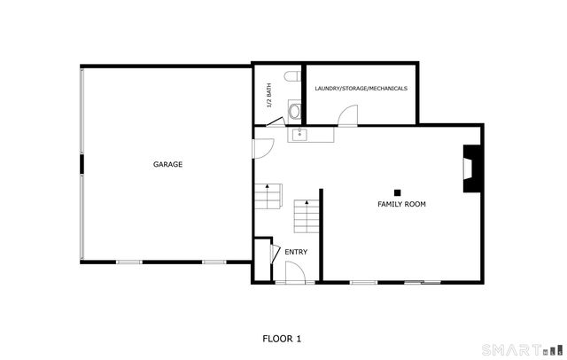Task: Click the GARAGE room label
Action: pyautogui.click(x=167, y=164)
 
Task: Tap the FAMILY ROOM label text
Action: pyautogui.click(x=401, y=204)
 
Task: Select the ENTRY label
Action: pyautogui.click(x=296, y=252)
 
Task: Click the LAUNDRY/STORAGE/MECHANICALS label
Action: pyautogui.click(x=361, y=89)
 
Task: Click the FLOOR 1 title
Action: pyautogui.click(x=282, y=338)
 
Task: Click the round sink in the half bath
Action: pyautogui.click(x=295, y=113)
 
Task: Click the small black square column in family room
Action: pyautogui.click(x=398, y=192)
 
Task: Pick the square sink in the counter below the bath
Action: pyautogui.click(x=299, y=134)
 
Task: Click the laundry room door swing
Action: pyautogui.click(x=349, y=115)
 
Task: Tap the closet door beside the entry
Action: pyautogui.click(x=275, y=254)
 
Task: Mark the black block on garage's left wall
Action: pyautogui.click(x=81, y=165)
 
